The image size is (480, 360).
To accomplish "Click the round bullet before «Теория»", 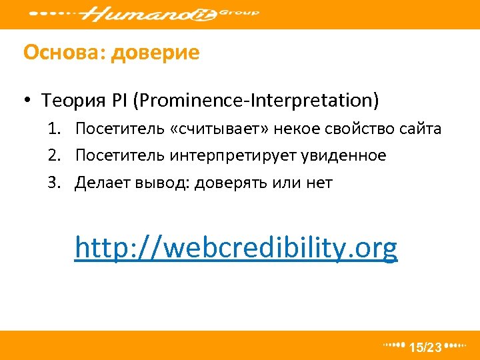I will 27,101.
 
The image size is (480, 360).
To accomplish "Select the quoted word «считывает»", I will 215,129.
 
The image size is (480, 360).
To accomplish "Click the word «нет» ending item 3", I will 319,183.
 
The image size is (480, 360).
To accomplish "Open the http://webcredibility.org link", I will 236,248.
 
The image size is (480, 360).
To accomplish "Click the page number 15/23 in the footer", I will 425,347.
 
